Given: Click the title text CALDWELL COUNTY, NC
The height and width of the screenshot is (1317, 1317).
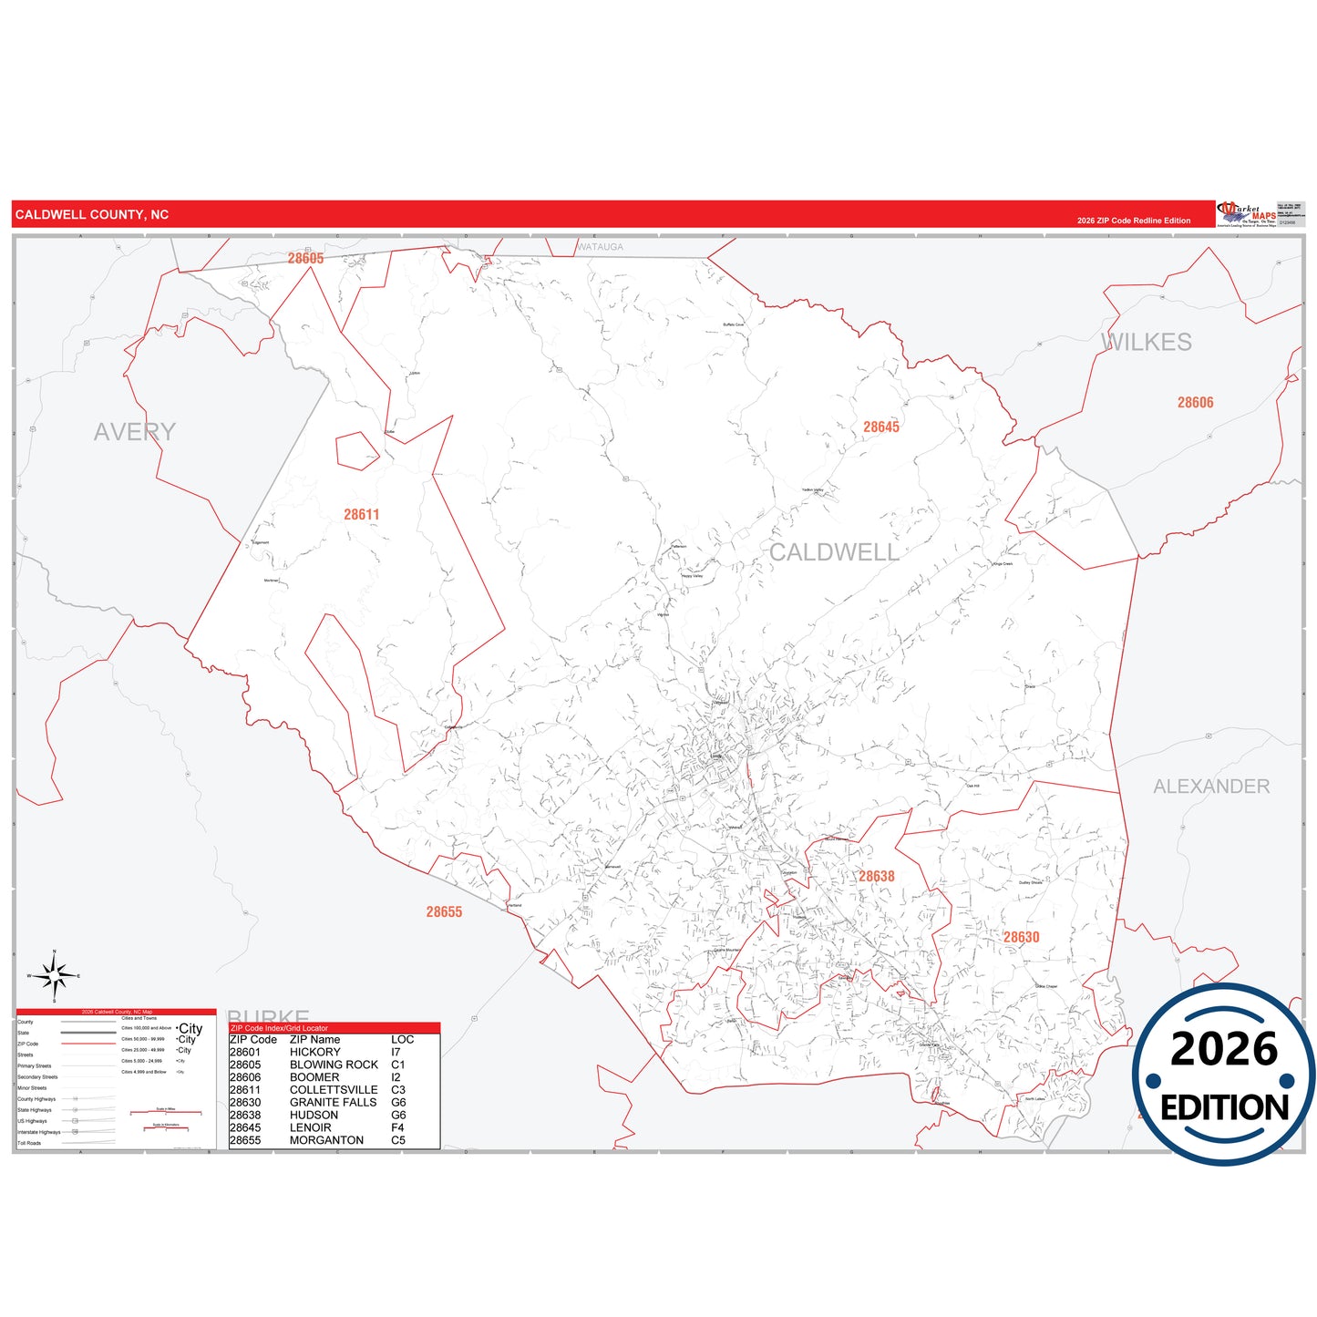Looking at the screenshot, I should pos(92,215).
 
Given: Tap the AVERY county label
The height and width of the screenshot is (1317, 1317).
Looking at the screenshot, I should pos(135,432).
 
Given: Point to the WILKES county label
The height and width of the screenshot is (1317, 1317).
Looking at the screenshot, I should pos(1147,343).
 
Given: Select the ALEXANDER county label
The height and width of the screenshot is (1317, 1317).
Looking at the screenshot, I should pos(1211,787).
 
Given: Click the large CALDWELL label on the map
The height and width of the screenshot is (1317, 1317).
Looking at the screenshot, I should pos(834,552).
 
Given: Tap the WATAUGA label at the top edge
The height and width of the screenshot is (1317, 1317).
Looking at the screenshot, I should pos(601,247).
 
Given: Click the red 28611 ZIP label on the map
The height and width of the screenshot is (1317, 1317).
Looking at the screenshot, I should pos(361,515).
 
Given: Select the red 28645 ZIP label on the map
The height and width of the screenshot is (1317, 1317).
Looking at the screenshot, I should pos(881,427).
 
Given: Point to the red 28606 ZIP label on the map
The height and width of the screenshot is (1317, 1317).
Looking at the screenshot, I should pos(1195,403).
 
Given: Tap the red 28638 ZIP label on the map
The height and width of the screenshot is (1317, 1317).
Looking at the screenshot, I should pos(877,877).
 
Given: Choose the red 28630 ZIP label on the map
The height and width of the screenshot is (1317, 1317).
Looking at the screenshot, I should pos(1022,937).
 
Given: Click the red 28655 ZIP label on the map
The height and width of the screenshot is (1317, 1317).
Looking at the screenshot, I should pos(444,912).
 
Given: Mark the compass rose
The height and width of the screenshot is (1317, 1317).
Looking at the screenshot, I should pos(55,976).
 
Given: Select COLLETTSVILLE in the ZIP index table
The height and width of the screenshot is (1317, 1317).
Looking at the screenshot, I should pos(334,1090).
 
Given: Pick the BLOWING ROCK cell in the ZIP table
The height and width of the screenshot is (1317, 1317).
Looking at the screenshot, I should pos(334,1065).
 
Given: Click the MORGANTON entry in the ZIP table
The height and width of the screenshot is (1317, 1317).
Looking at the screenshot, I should pos(326,1140).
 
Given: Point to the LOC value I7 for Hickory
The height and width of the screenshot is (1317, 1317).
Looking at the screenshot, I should pos(396,1052).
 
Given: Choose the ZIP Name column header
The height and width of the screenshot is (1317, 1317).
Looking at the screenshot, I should pos(314,1040).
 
